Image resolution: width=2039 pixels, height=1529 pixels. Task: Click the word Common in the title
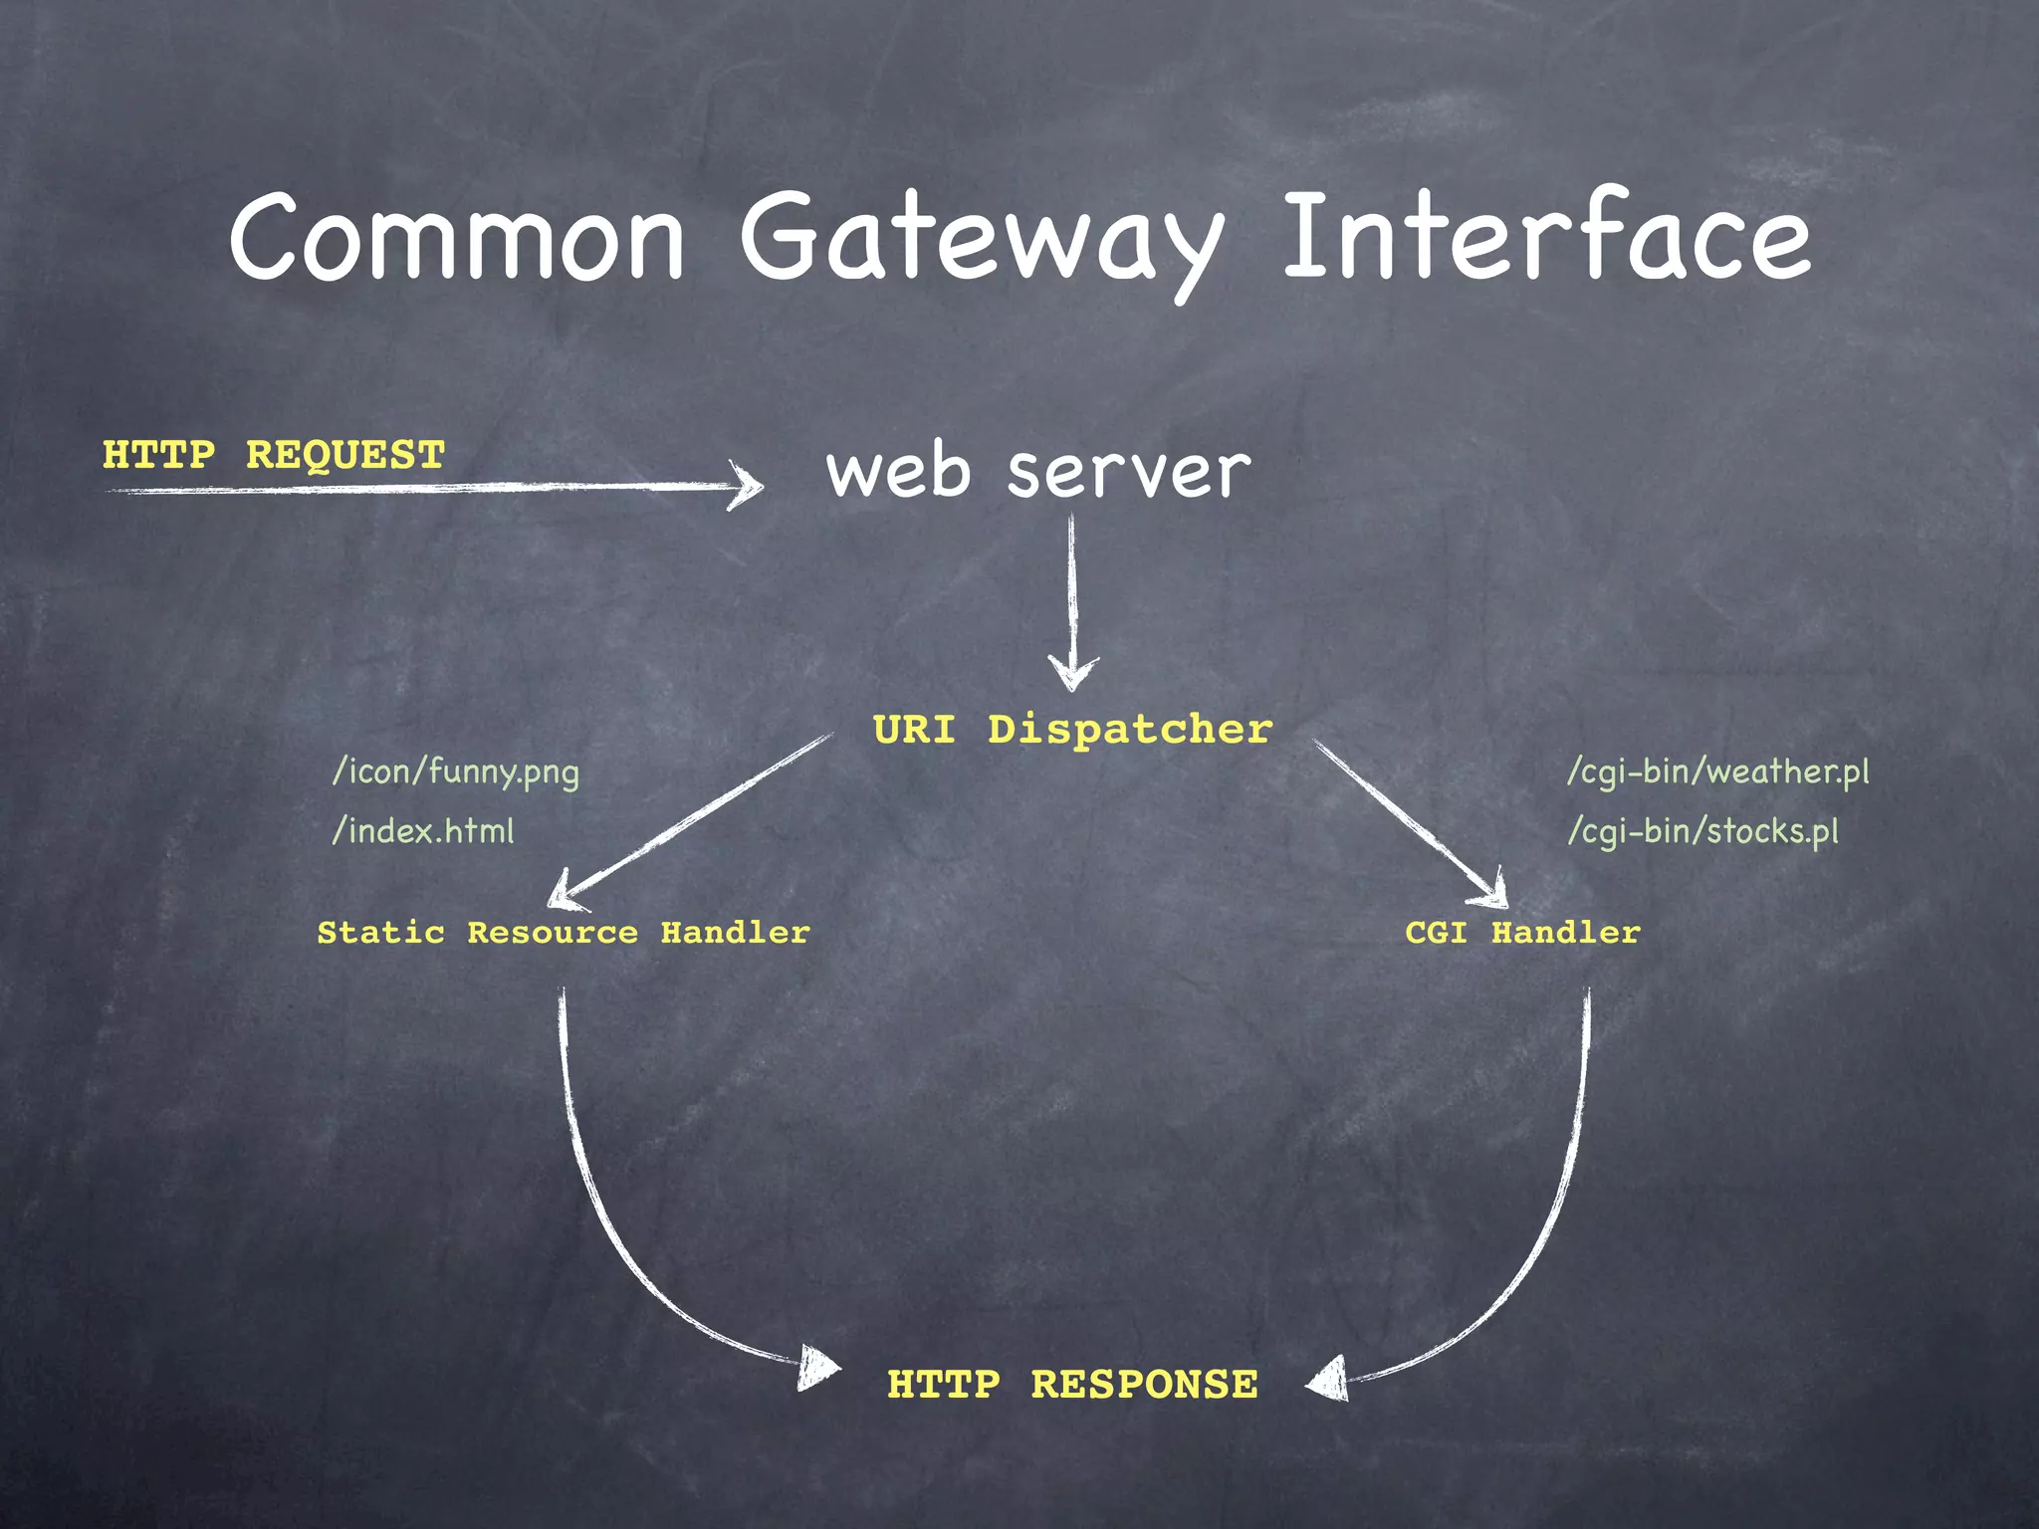click(x=457, y=239)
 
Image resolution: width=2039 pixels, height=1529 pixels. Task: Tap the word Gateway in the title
click(x=981, y=242)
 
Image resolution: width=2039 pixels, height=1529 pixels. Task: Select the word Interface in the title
click(x=1546, y=237)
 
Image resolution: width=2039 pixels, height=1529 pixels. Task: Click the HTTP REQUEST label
click(x=274, y=455)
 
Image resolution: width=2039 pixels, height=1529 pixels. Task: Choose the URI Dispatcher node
click(x=1072, y=730)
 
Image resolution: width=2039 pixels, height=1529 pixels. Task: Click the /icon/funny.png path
click(x=455, y=772)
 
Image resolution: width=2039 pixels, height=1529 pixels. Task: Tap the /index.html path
click(x=423, y=831)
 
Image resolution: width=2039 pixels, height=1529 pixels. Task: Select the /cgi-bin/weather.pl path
click(x=1717, y=772)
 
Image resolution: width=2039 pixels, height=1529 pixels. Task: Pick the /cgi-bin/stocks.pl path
click(x=1702, y=831)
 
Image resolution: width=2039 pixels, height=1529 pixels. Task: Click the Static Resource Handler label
click(x=564, y=933)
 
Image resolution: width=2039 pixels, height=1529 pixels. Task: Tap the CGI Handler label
click(x=1522, y=933)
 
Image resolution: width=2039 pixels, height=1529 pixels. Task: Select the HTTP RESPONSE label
click(x=1072, y=1385)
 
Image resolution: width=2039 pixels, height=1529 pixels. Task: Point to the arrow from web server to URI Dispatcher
click(x=1072, y=597)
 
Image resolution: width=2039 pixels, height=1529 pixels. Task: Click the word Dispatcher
click(x=1130, y=730)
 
